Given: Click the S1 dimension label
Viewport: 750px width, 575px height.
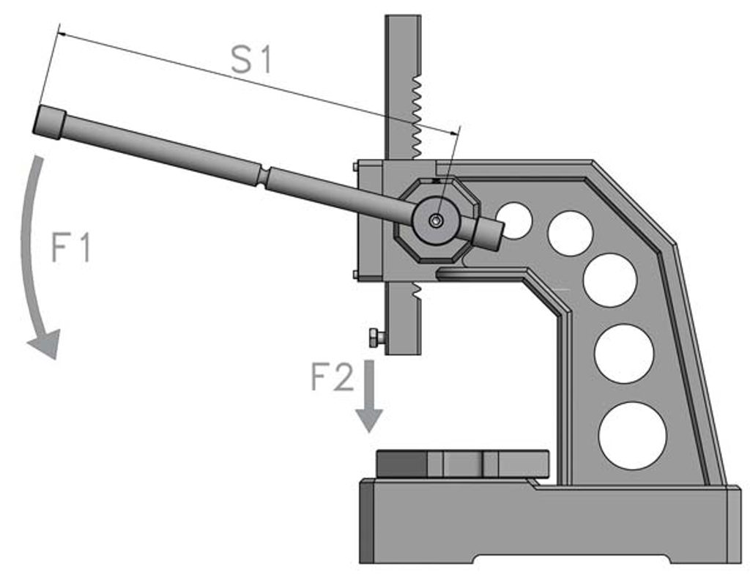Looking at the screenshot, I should pos(251,61).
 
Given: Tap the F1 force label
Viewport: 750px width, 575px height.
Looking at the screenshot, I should pos(71,248).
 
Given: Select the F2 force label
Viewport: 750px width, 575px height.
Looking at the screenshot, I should pos(332,378).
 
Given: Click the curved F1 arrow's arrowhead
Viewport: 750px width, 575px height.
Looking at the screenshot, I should pos(45,344).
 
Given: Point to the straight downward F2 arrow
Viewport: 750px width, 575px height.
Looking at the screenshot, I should pos(369,396).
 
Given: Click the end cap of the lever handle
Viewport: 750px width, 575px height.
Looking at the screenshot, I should pos(50,121).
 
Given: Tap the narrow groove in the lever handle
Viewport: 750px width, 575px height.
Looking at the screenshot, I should pos(261,177).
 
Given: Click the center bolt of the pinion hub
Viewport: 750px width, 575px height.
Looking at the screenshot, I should pos(437,220).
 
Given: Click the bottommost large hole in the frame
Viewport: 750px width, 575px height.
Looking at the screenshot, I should pos(632,436).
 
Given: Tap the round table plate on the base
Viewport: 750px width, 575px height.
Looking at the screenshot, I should pos(463,464).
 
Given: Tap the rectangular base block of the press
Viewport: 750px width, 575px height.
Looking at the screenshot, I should pos(549,524).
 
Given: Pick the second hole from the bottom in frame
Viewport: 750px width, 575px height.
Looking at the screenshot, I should pos(624,354).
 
